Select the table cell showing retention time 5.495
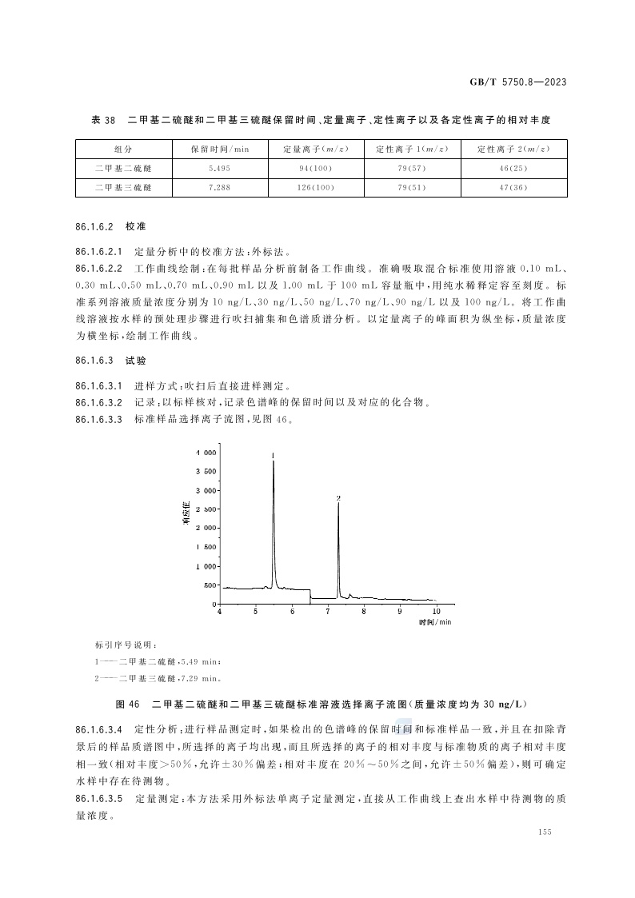220,169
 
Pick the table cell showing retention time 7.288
220,188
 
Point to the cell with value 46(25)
512,169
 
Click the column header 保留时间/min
220,150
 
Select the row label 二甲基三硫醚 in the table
123,188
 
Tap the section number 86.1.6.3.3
99,418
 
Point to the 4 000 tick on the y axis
206,453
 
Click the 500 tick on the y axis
210,585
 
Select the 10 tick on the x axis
436,612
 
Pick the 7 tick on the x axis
328,612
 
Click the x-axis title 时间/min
435,621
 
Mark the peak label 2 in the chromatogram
339,498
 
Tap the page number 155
545,832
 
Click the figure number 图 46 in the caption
128,704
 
